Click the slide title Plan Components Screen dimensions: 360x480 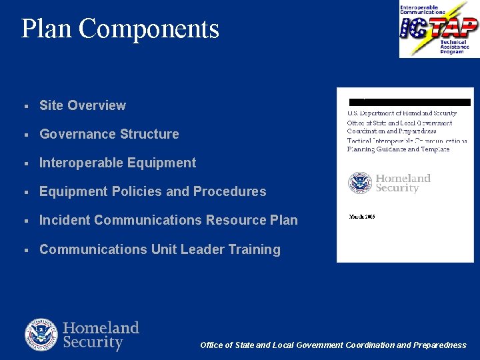click(120, 29)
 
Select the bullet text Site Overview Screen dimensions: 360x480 click(83, 105)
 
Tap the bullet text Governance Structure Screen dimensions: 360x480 click(109, 134)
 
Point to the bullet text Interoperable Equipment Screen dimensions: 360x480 click(118, 163)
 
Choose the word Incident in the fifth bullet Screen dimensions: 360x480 click(65, 220)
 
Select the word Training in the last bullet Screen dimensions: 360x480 click(254, 249)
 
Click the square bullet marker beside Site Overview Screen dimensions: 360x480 click(25, 106)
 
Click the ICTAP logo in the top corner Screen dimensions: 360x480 click(439, 29)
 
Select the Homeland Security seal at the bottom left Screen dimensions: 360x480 click(41, 335)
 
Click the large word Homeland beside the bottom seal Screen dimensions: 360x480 click(101, 328)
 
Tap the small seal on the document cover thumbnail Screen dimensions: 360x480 click(360, 183)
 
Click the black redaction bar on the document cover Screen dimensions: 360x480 click(410, 103)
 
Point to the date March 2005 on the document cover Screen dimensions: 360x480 click(362, 217)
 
